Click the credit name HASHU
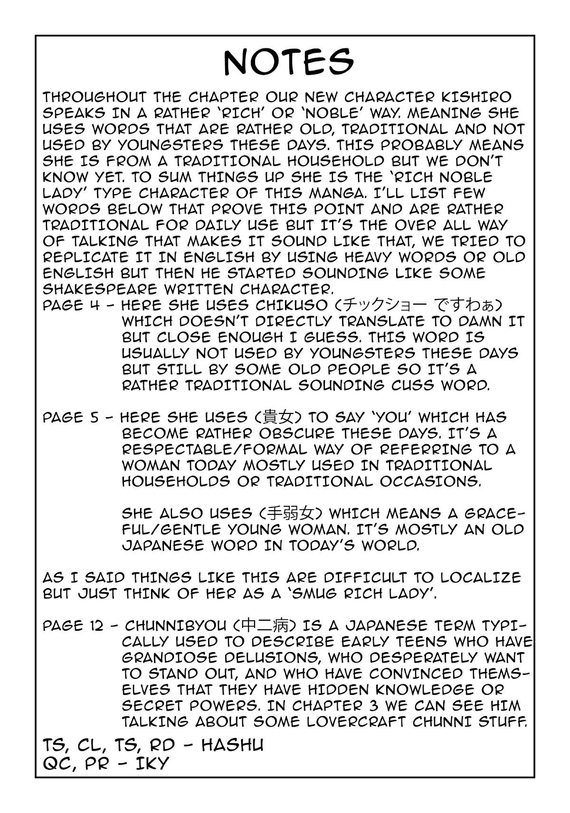pos(233,744)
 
